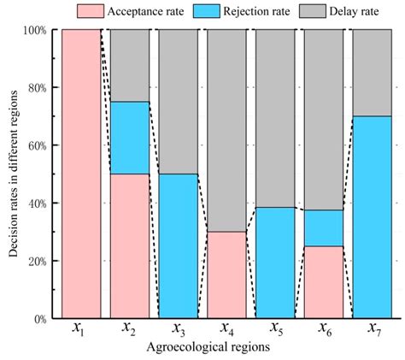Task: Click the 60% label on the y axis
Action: tap(36, 145)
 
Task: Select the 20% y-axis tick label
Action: tap(36, 261)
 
